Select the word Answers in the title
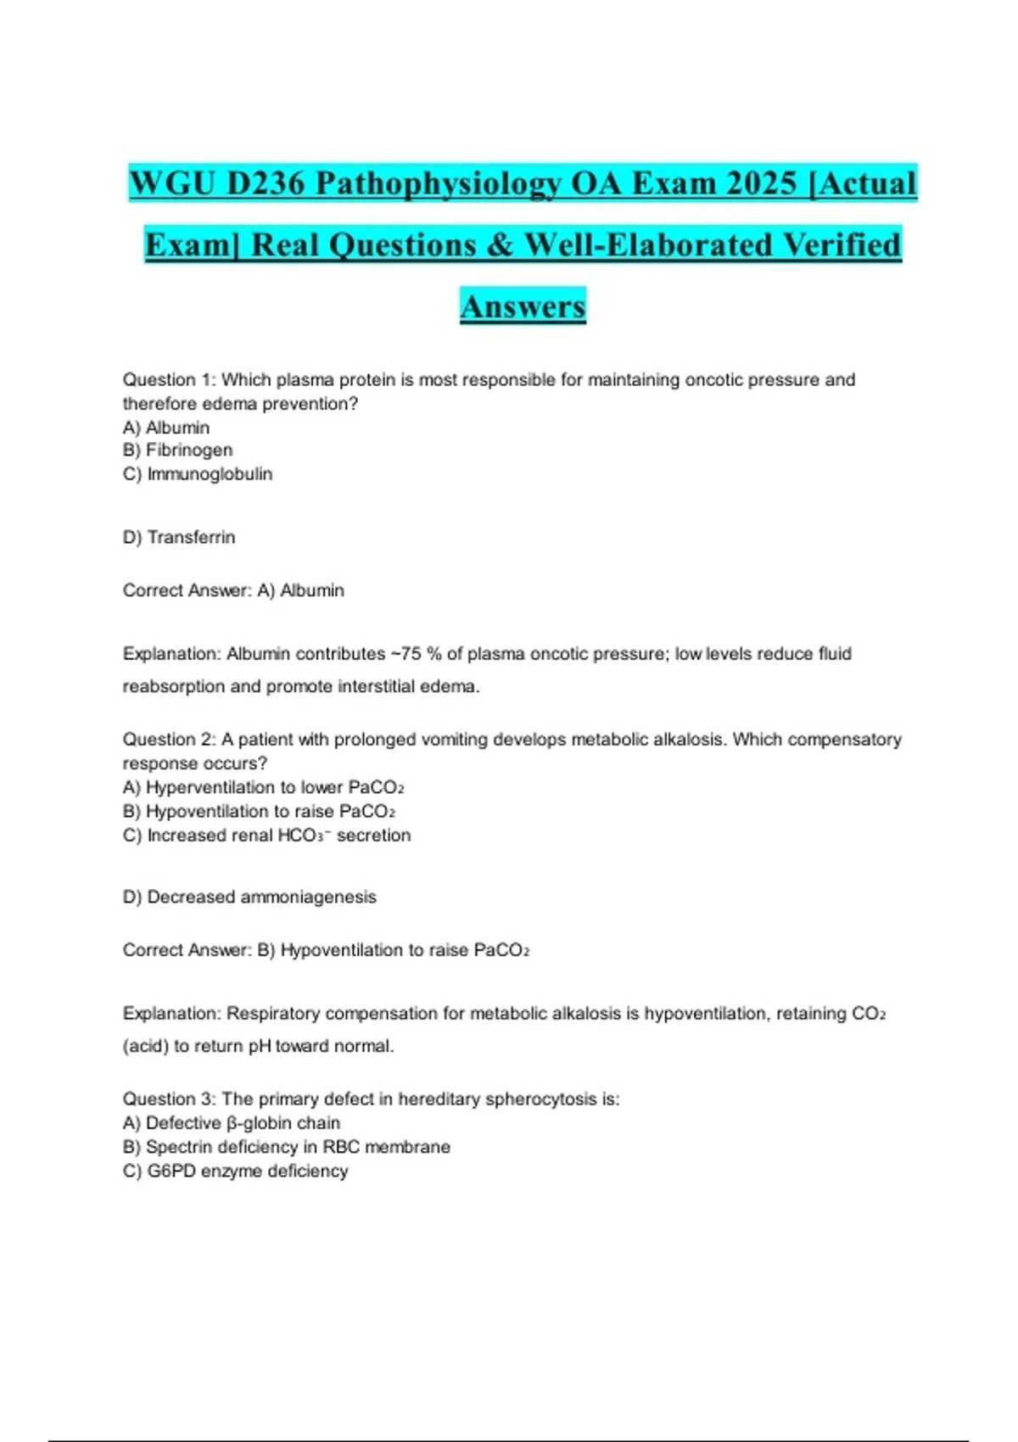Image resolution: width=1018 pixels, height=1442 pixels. tap(523, 306)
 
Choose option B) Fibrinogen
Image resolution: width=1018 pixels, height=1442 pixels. tap(177, 450)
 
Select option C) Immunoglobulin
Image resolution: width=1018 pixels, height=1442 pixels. tap(198, 474)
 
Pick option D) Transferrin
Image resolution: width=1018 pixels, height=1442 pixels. tap(179, 538)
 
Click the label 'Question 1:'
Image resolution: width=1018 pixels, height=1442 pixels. tap(169, 380)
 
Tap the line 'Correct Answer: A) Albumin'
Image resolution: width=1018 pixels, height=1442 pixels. tap(233, 590)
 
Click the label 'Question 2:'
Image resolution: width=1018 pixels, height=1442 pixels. tap(169, 740)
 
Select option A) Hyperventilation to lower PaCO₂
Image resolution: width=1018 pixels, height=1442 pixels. tap(263, 788)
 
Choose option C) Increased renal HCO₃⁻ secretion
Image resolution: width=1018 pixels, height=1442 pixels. tap(266, 836)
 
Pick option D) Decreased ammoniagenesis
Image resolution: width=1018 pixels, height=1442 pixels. tap(249, 897)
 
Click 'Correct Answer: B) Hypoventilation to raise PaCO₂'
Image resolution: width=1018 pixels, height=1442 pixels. tap(326, 950)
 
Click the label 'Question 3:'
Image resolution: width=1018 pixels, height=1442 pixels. tap(169, 1099)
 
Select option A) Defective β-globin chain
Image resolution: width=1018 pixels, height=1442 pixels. tap(232, 1123)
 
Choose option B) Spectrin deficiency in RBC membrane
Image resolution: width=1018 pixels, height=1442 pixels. tap(286, 1147)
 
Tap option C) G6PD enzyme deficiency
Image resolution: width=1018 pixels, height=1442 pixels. tap(235, 1171)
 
